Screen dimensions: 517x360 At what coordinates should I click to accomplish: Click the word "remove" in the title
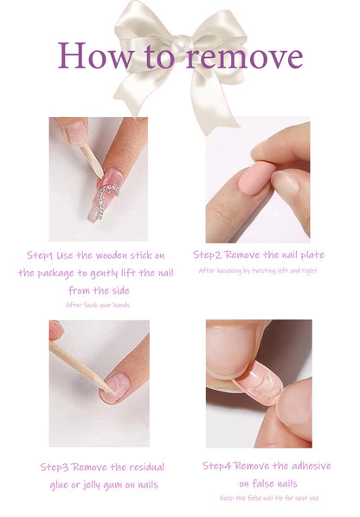tap(242, 57)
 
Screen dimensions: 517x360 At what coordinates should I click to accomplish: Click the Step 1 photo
tap(98, 178)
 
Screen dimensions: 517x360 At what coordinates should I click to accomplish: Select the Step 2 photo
tap(257, 179)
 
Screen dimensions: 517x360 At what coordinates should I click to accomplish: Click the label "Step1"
tap(40, 255)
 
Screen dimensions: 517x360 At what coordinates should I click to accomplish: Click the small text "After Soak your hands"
tap(98, 305)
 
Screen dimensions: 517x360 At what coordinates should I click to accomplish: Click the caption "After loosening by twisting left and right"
tap(258, 270)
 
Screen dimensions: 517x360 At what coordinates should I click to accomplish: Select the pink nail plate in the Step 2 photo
tap(257, 178)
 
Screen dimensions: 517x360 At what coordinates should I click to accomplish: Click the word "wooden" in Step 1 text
tap(118, 255)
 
